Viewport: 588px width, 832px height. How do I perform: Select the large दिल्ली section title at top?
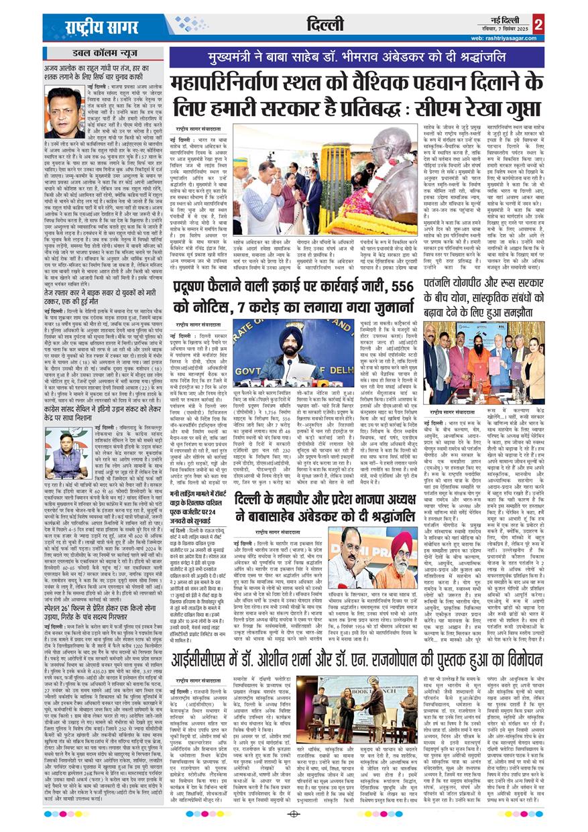pyautogui.click(x=327, y=26)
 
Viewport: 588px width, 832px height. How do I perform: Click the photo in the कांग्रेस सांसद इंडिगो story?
pyautogui.click(x=64, y=453)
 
